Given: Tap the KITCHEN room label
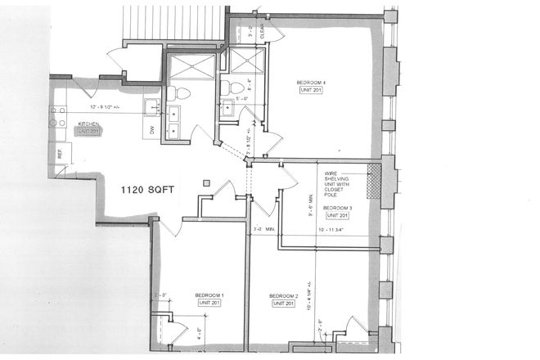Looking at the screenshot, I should point(88,124).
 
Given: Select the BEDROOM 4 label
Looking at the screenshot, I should point(312,83).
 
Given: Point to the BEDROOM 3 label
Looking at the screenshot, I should point(336,208).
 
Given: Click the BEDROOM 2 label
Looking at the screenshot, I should point(284,295).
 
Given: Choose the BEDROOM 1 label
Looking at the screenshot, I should point(209,295).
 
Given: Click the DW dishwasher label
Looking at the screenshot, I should point(151,129).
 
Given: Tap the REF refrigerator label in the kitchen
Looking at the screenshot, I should point(60,153).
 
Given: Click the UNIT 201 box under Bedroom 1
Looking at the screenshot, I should point(209,304).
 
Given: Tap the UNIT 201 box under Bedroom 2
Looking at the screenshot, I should point(284,304).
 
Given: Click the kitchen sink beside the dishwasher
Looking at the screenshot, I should point(152,106).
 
